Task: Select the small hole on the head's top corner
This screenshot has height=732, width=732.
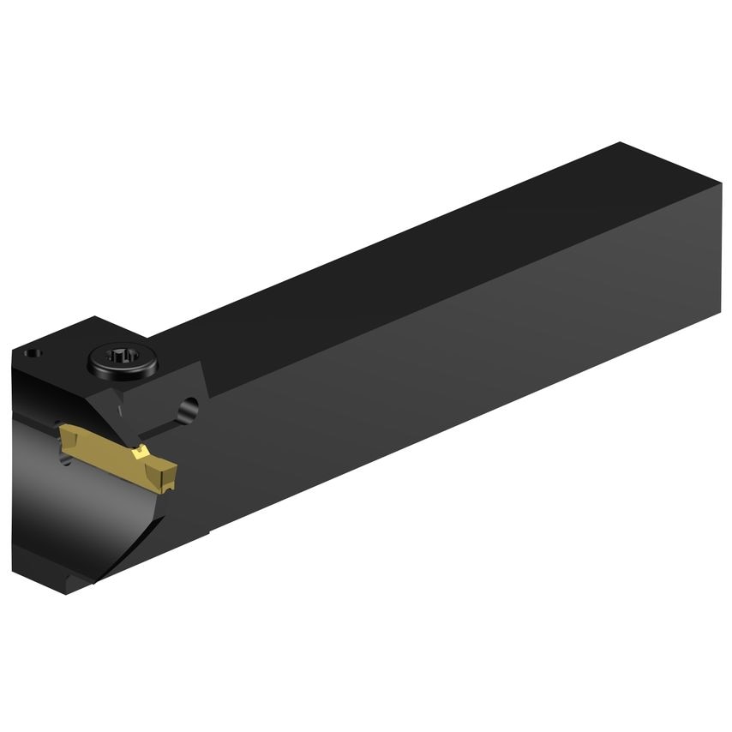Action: click(32, 353)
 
